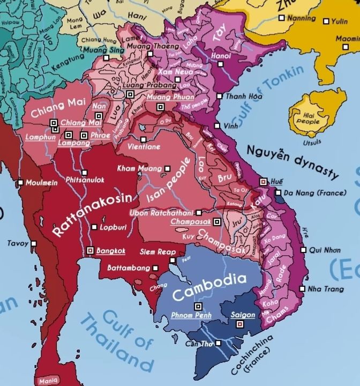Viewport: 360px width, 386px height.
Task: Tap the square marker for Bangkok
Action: point(90,250)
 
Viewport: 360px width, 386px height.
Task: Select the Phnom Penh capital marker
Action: point(198,306)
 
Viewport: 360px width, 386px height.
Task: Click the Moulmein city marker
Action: point(20,182)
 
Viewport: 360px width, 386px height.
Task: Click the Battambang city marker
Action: point(155,268)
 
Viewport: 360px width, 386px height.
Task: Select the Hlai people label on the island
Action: point(308,118)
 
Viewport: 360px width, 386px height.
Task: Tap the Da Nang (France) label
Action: point(313,192)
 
